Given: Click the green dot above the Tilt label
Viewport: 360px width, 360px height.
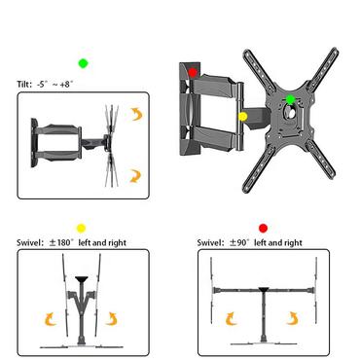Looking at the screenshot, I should click(85, 63).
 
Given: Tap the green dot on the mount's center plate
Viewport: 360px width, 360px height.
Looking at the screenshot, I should click(290, 100).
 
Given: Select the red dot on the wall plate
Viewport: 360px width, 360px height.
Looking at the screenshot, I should click(194, 71).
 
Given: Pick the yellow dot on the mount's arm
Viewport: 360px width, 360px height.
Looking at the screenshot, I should click(243, 116).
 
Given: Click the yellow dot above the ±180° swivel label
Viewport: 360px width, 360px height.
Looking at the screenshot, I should click(82, 228).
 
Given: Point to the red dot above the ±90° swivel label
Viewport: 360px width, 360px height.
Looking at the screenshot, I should click(262, 228).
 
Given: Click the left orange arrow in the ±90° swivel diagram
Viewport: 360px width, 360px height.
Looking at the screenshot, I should click(232, 319).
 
